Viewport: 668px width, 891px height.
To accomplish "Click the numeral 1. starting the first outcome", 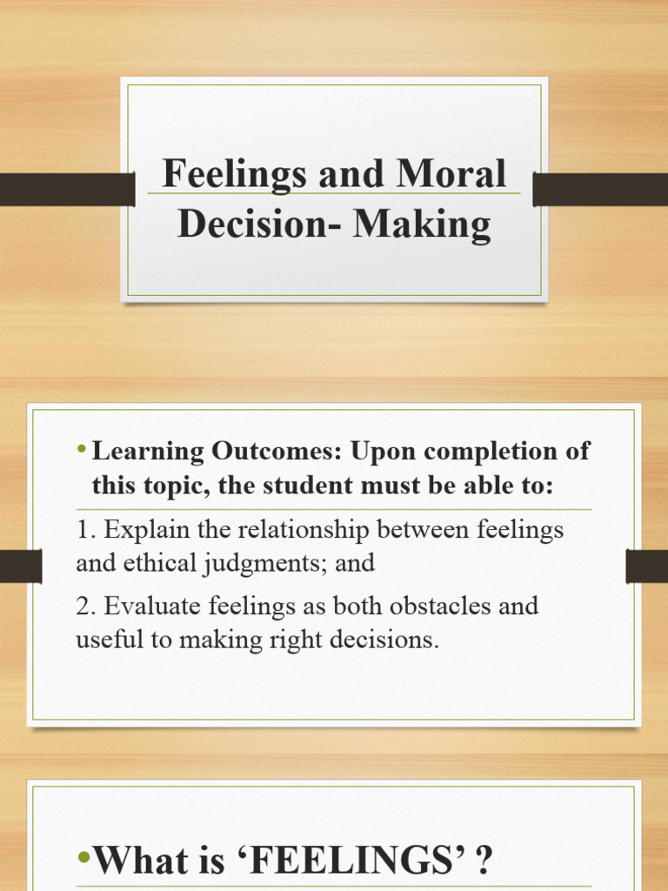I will pyautogui.click(x=85, y=529).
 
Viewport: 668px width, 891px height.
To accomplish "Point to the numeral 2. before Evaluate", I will pyautogui.click(x=86, y=606).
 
